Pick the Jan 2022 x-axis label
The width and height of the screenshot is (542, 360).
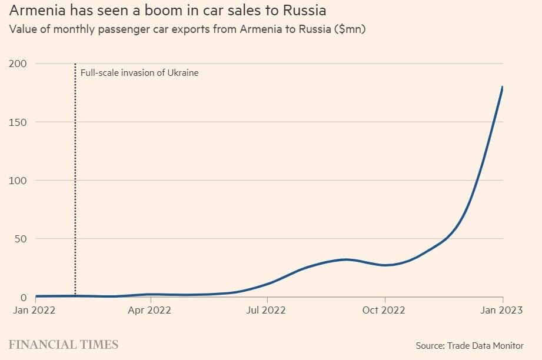coord(35,310)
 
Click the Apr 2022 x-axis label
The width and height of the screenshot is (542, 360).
coord(151,310)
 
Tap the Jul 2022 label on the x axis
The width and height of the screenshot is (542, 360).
coord(267,310)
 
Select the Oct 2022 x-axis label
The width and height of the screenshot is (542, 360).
coord(384,310)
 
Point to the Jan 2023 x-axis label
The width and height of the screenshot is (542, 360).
coord(501,310)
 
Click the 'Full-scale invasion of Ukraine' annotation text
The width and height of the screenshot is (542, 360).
coord(139,73)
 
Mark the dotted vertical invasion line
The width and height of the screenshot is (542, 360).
coord(75,176)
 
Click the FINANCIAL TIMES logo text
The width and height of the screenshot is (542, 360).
coord(64,345)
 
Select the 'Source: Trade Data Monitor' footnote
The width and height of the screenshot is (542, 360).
coord(470,345)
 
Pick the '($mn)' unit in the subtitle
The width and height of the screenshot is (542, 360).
coord(350,29)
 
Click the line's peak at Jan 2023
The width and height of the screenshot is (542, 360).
coord(503,87)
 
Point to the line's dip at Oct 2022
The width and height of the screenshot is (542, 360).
coord(384,265)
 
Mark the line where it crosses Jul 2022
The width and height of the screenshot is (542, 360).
coord(267,284)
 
